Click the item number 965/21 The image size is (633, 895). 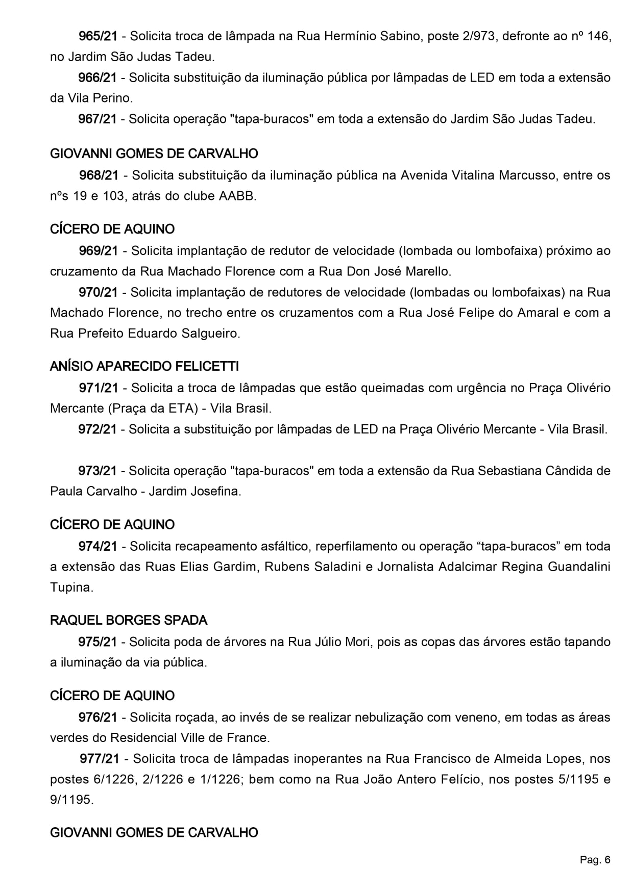[98, 36]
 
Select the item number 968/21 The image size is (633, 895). [99, 175]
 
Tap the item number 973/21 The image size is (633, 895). [98, 471]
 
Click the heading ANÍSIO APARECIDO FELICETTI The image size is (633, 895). [144, 367]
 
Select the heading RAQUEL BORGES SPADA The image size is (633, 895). [129, 621]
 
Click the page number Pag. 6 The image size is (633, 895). [595, 860]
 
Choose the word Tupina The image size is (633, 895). [71, 587]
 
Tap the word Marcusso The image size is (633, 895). [528, 175]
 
